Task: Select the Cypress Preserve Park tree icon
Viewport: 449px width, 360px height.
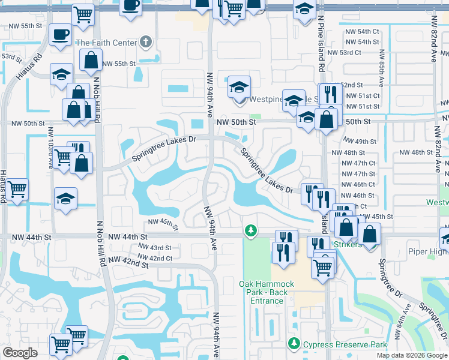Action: point(294,344)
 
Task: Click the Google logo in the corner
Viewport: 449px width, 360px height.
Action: point(20,353)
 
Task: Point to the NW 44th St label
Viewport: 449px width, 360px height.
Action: point(34,238)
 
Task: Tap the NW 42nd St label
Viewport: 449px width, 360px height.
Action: point(128,263)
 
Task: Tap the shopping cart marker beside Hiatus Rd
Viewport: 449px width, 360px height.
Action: point(17,188)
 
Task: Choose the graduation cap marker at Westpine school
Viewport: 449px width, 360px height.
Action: point(239,86)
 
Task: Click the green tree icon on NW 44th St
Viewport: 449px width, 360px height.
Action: point(250,230)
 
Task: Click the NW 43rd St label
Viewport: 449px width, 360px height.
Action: point(154,248)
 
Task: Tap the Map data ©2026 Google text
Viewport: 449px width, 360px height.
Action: point(411,355)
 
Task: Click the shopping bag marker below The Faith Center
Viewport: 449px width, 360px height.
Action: point(90,59)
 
